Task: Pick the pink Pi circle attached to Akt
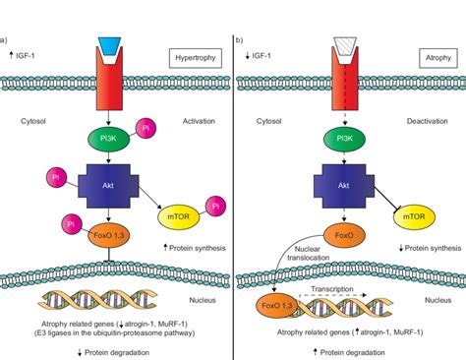tap(54, 179)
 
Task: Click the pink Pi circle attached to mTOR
tap(211, 205)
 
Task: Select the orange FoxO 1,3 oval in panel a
tap(105, 235)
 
